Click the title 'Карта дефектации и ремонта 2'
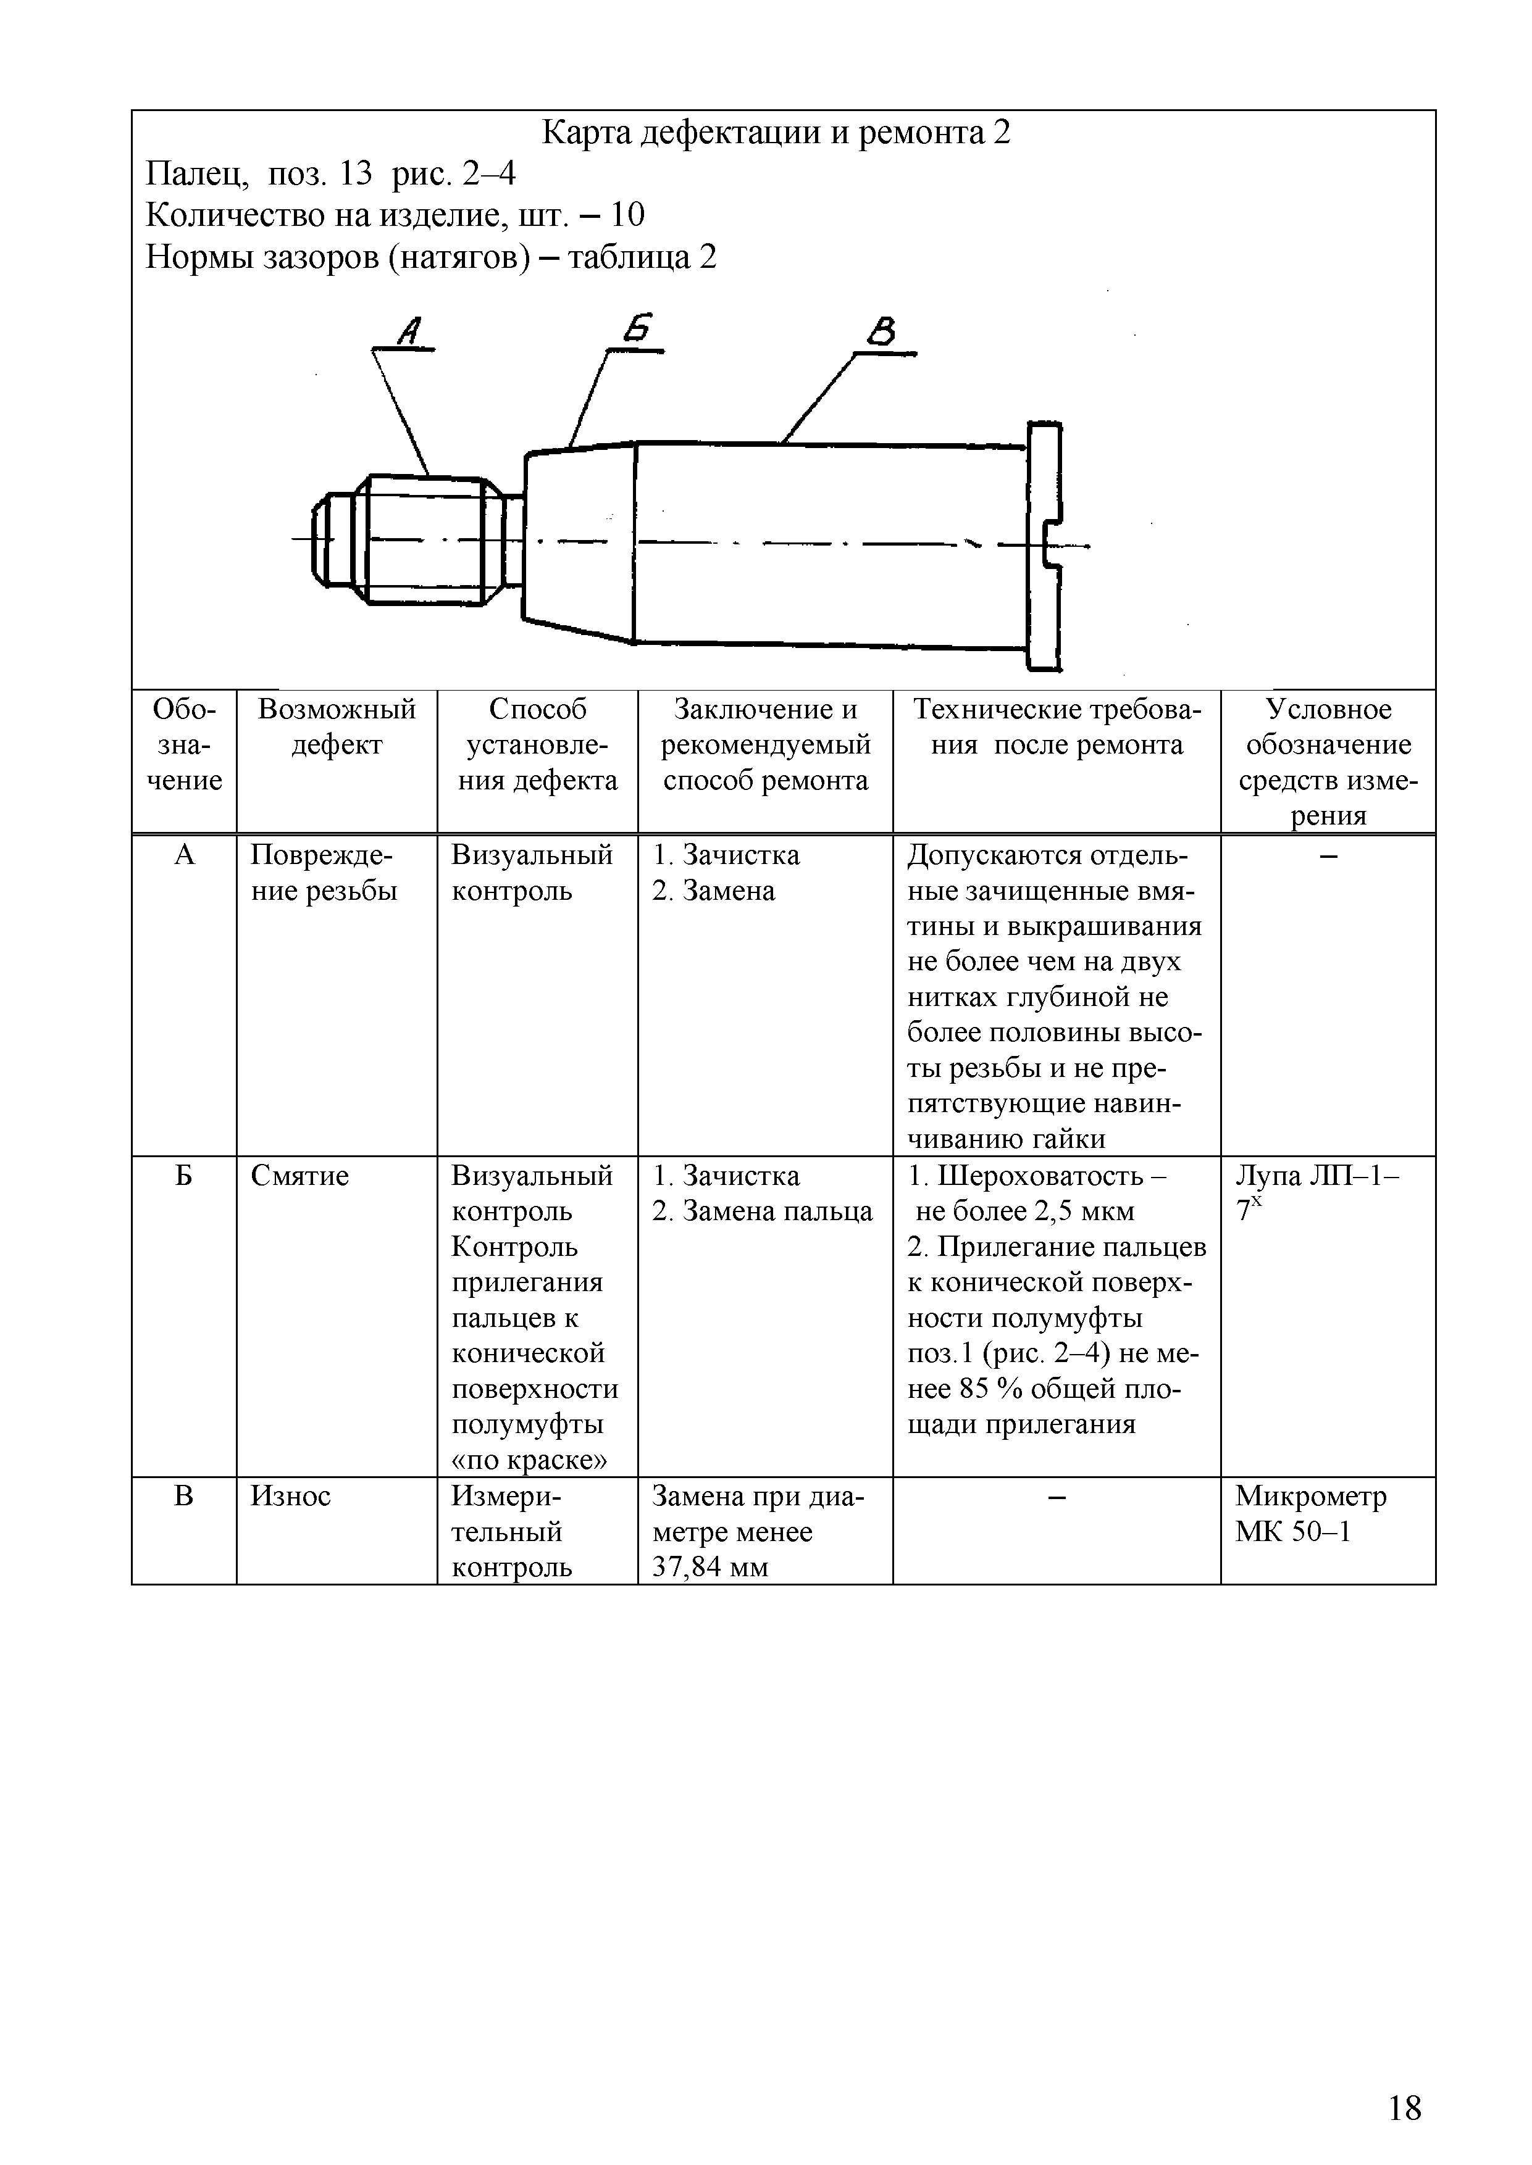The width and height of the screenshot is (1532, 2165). tap(776, 134)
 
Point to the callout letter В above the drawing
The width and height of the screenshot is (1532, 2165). tap(882, 332)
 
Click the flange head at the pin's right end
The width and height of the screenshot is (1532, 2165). tap(1044, 547)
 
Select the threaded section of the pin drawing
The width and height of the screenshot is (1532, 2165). tap(424, 539)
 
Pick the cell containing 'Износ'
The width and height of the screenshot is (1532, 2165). tap(291, 1497)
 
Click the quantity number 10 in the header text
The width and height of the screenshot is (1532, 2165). tap(627, 215)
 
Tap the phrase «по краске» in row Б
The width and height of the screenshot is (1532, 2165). tap(529, 1461)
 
